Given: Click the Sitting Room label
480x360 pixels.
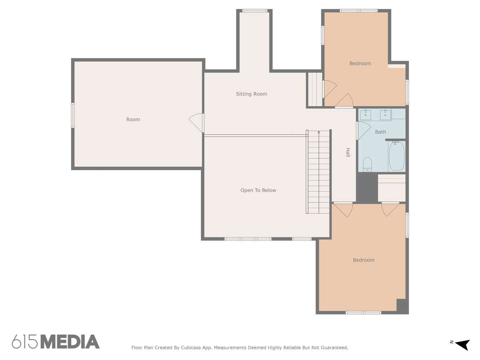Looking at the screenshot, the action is pos(251,94).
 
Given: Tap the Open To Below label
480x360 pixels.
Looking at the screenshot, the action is pos(258,190).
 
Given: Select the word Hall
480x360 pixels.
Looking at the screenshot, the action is pos(348,152).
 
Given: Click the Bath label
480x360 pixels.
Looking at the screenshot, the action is pos(380,132).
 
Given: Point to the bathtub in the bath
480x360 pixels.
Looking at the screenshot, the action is pos(396,156).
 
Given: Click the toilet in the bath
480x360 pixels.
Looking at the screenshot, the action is pos(367,164).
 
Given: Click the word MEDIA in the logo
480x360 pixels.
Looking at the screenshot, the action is pos(70,342).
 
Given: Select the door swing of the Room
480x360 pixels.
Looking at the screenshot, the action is pos(196,122).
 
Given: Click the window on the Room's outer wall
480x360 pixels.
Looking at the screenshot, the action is pos(73,115).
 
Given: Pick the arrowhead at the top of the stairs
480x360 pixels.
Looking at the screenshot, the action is pos(319,132).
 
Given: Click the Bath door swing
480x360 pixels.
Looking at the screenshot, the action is pos(364,130).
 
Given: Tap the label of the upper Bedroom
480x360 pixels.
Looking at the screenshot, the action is pos(360,63).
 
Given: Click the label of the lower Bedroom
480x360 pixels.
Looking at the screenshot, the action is pos(364,260).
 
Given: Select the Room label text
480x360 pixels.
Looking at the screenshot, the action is pos(133,119).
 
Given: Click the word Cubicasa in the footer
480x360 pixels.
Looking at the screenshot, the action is pos(190,348).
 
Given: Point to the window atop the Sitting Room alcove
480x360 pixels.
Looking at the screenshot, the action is pos(254,11).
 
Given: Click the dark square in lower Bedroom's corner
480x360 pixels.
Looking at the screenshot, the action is pos(402,306).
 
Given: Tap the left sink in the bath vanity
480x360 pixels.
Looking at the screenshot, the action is pos(366,115).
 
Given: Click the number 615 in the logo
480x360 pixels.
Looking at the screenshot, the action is pos(25,342).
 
